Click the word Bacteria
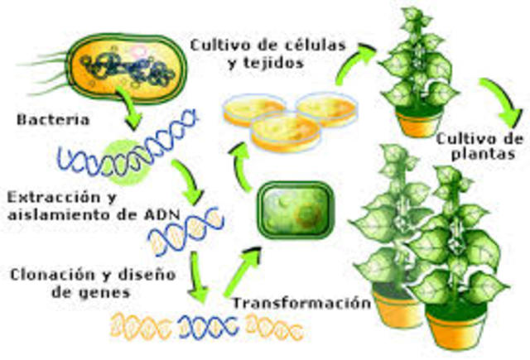coord(51,120)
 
